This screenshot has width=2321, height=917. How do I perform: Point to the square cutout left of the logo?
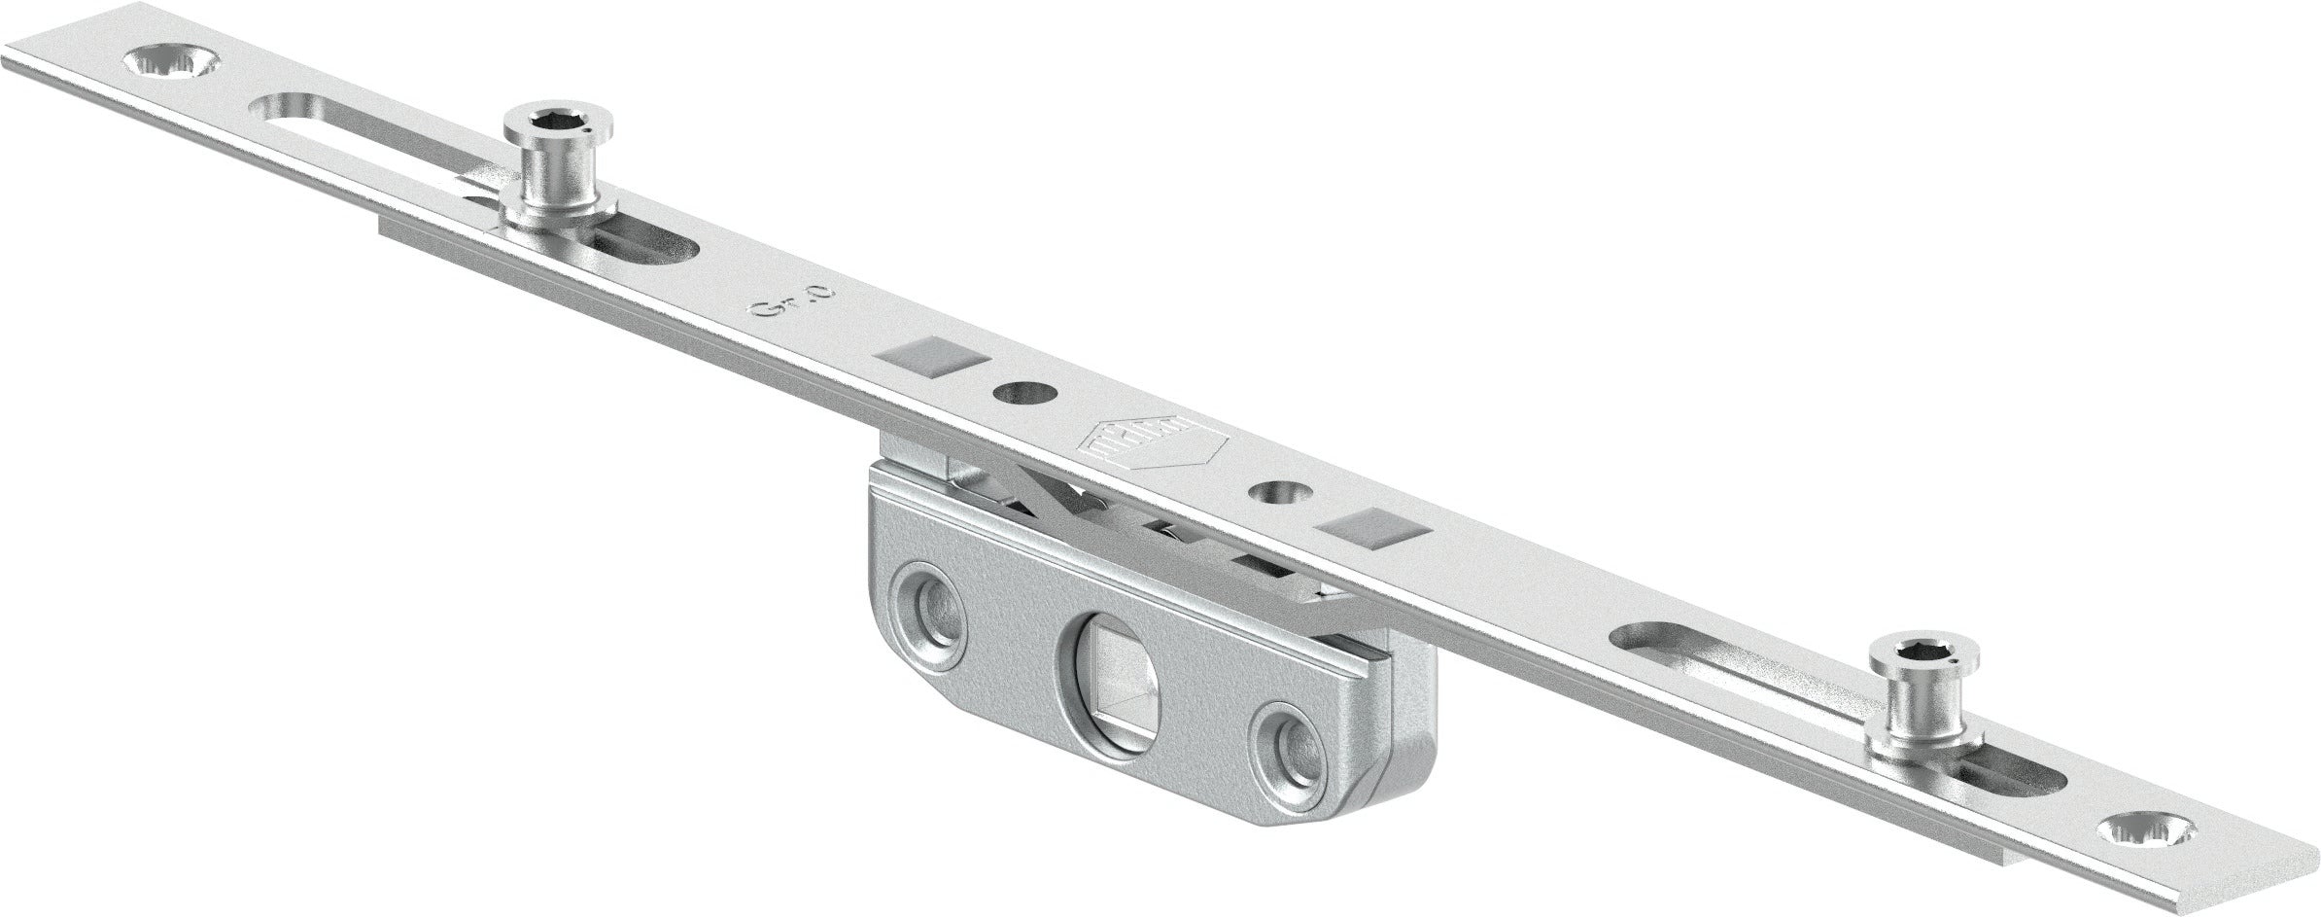[932, 352]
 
